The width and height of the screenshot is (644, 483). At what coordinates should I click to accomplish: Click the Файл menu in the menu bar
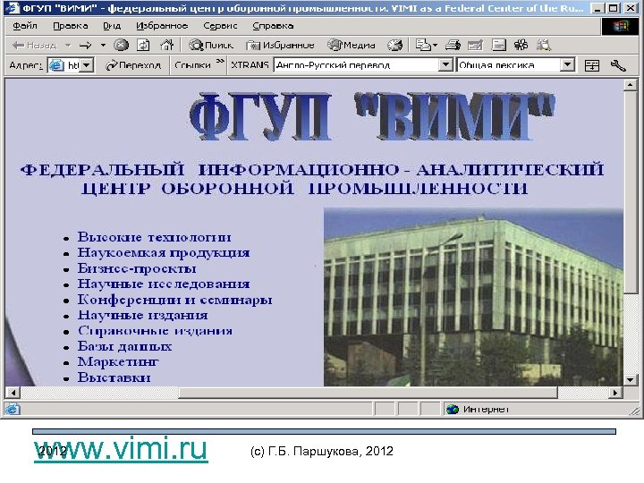pos(25,25)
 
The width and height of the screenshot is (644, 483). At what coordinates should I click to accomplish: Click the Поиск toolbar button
pos(212,45)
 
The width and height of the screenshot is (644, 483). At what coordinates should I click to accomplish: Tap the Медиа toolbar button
pos(352,45)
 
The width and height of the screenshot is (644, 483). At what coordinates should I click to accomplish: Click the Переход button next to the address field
pos(134,65)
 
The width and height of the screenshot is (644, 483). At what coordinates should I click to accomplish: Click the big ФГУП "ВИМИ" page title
pos(374,119)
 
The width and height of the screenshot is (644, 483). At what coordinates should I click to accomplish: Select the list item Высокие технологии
pos(154,237)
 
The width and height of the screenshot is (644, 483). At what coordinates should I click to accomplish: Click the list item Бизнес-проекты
pos(137,267)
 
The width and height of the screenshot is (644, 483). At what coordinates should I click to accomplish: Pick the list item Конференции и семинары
pos(174,299)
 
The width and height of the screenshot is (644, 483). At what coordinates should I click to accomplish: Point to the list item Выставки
pos(114,377)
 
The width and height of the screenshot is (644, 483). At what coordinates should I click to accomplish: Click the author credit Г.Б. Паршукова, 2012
pos(322,449)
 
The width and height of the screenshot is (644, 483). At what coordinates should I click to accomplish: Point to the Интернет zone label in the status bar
pos(486,410)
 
